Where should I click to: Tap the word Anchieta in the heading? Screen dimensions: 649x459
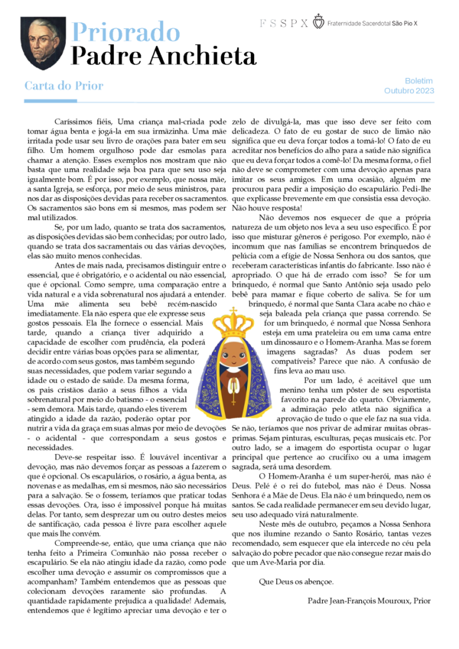pos(202,56)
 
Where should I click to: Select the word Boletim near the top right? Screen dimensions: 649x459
pos(418,80)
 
